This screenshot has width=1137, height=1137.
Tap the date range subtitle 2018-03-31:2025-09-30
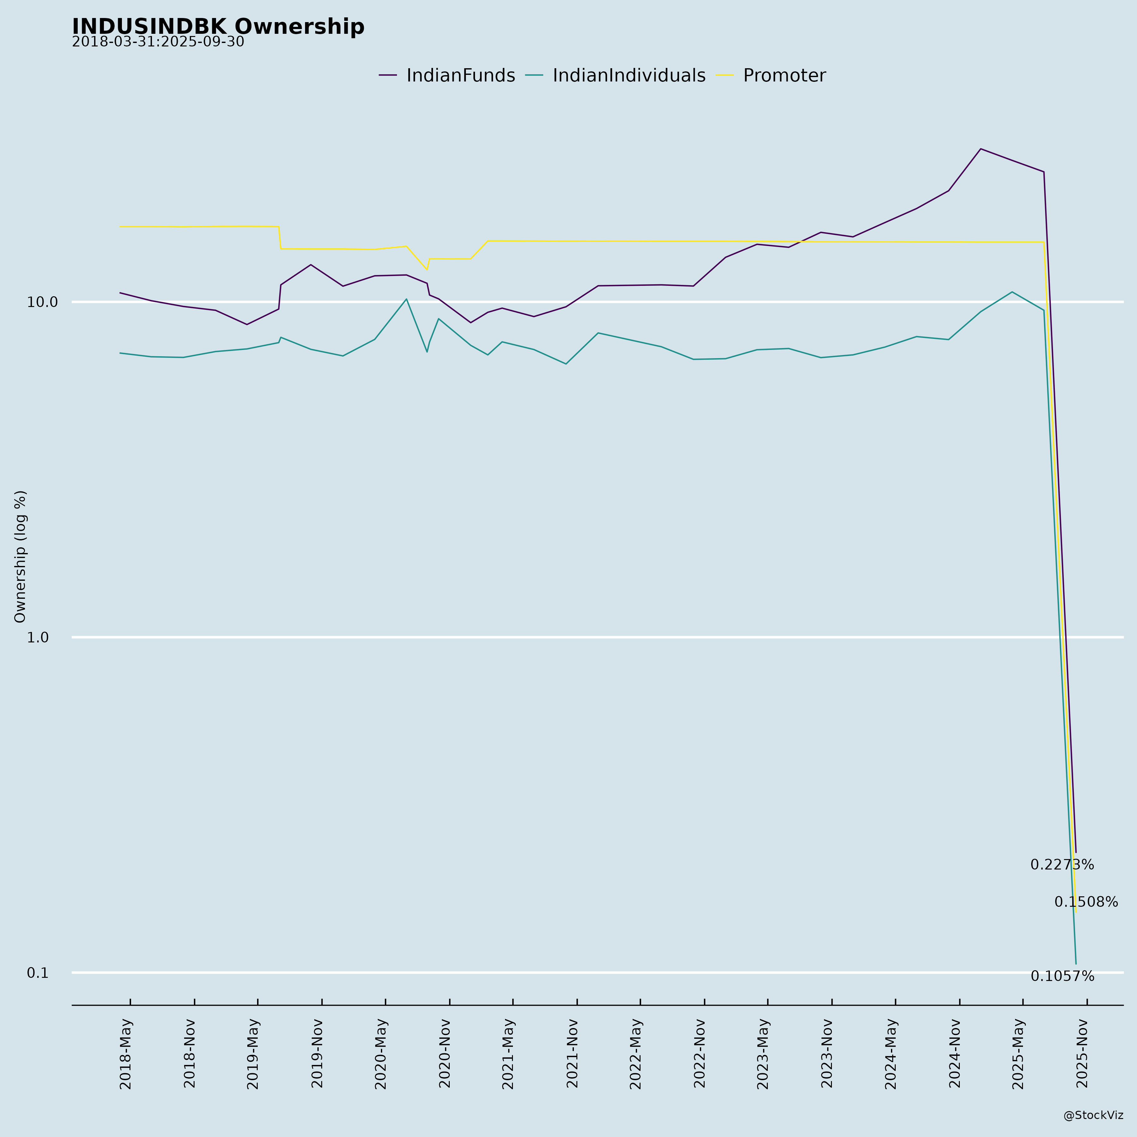click(x=158, y=42)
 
